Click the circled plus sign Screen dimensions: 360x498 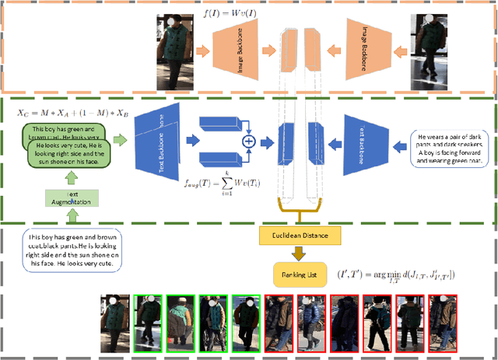click(x=249, y=142)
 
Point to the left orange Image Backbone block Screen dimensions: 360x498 click(x=240, y=49)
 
